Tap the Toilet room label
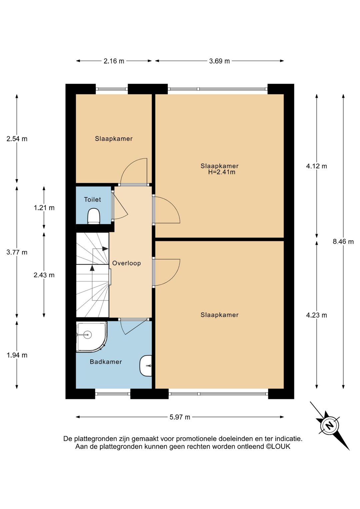[92, 199]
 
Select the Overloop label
[127, 263]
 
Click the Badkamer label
[106, 362]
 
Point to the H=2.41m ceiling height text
[222, 172]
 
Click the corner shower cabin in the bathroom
[92, 337]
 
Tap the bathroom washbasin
[146, 366]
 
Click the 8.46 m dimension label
[343, 241]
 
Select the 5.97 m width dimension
[180, 417]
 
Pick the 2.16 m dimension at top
[114, 61]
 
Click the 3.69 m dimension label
[219, 61]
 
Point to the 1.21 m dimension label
[44, 208]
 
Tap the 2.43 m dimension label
[44, 275]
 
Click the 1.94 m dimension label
[17, 355]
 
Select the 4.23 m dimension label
[317, 315]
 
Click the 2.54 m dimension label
[17, 139]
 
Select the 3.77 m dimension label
[17, 252]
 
